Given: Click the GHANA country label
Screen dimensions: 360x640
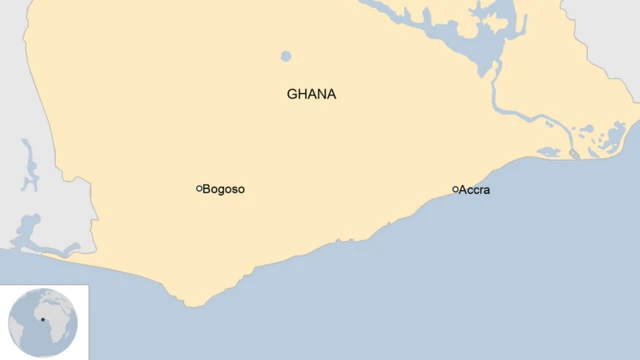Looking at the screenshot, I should [x=311, y=94].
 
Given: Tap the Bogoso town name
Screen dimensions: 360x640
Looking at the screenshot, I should [x=224, y=189].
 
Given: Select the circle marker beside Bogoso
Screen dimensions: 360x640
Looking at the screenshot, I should [x=199, y=188].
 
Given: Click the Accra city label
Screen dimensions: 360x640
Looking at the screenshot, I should [x=474, y=190].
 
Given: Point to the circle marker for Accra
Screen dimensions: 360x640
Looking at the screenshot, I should [x=455, y=189].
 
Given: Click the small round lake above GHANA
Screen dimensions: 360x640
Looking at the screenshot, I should [x=286, y=56].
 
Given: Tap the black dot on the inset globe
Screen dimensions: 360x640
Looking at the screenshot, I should [x=44, y=320].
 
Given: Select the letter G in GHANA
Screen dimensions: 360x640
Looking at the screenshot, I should [x=292, y=94].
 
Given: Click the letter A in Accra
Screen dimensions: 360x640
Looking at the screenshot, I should [x=463, y=190].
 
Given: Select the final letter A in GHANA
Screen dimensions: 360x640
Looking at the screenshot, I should [x=331, y=94].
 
